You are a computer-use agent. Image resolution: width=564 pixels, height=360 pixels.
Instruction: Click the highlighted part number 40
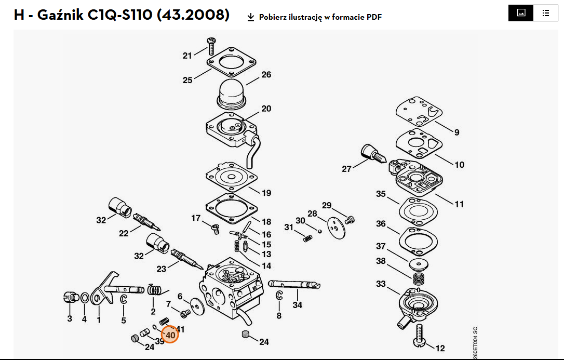[170, 335]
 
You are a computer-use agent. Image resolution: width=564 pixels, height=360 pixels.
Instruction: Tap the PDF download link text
[320, 17]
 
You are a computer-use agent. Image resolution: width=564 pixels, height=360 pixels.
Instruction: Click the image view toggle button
[521, 13]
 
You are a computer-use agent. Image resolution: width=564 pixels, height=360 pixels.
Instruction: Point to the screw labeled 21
[211, 45]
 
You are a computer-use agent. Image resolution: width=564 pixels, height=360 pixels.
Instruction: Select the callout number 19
[266, 193]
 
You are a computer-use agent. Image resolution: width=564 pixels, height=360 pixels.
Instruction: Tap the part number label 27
[346, 169]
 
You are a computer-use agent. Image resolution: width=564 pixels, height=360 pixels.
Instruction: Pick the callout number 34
[297, 305]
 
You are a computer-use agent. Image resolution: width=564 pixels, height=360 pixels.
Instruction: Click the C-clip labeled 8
[279, 296]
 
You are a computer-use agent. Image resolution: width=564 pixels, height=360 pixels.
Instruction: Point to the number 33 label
[381, 284]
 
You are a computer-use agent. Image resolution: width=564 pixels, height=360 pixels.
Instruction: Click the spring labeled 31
[308, 238]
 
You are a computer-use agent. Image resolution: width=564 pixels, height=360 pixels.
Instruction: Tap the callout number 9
[456, 132]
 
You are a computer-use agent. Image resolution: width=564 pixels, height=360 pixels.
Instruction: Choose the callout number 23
[161, 269]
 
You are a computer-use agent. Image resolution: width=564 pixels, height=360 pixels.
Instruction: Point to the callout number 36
[381, 224]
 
